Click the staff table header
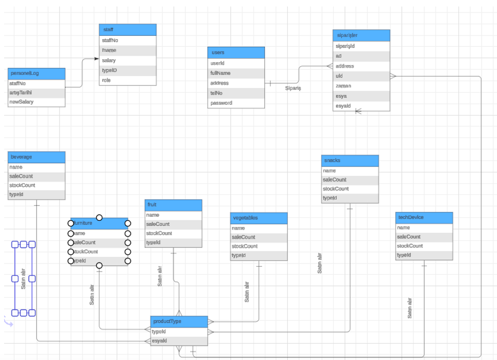pos(128,30)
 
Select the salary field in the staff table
pos(128,60)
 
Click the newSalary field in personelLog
pos(36,102)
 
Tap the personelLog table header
pos(36,73)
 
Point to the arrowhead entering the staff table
pos(97,59)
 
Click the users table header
pos(236,53)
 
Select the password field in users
pos(236,103)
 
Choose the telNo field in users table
pos(236,93)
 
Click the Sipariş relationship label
pos(293,88)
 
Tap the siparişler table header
pos(361,36)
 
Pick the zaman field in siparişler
pos(361,86)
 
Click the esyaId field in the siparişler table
pos(361,106)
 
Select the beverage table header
pos(36,157)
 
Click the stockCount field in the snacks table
pos(350,189)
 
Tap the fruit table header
pos(174,205)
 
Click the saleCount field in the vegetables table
pos(258,237)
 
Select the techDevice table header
pos(424,217)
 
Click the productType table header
pos(179,321)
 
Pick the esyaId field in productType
pos(179,341)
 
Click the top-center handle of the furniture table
pos(99,217)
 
